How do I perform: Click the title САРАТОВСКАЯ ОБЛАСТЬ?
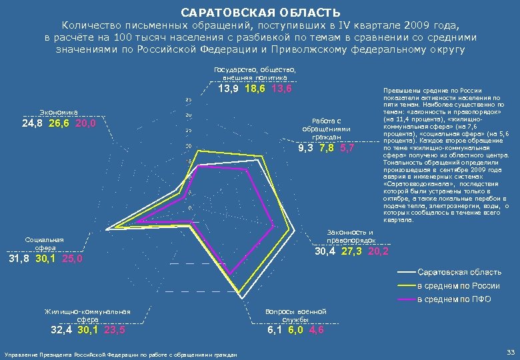(260, 13)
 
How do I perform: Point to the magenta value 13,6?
(281, 88)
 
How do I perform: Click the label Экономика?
(59, 112)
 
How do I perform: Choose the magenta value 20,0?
(85, 123)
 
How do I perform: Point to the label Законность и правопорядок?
(350, 235)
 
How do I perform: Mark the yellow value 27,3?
(354, 251)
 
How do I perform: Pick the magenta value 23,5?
(113, 329)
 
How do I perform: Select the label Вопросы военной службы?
(295, 315)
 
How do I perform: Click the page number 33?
(511, 352)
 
